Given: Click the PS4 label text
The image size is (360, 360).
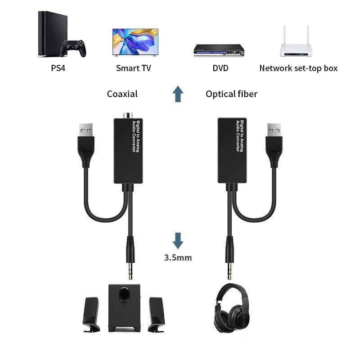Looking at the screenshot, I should (56, 68).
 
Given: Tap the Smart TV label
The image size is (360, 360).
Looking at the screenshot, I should (134, 68).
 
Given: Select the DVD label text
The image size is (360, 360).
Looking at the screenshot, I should (220, 68).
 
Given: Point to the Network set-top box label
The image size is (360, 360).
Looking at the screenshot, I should (298, 68).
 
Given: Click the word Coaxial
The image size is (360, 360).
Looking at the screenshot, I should (122, 94).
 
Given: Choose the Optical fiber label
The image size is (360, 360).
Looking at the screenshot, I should (231, 94).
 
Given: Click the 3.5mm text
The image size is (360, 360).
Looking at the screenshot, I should (178, 257).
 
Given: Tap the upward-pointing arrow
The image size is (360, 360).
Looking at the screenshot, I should (179, 94).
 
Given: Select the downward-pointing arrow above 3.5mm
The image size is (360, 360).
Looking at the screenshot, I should (179, 240).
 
